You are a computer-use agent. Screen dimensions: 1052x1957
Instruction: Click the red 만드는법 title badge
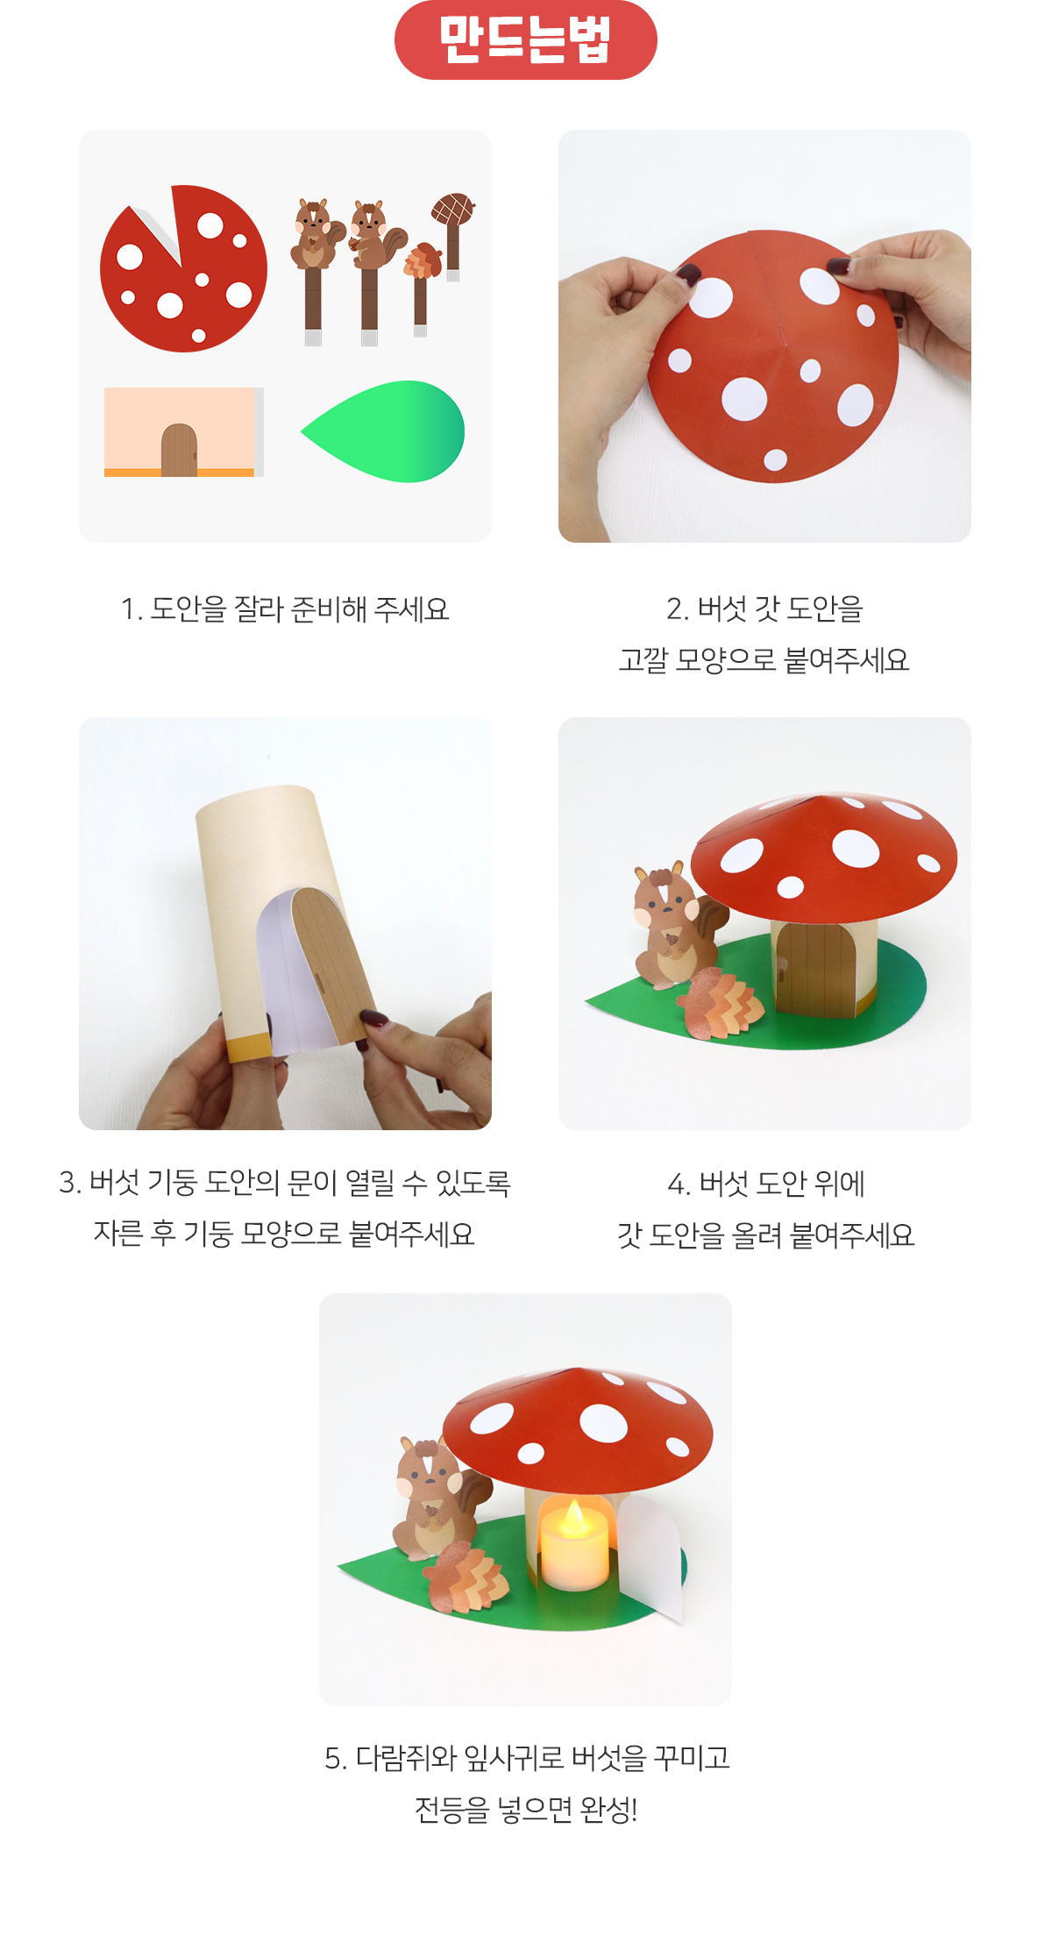point(526,40)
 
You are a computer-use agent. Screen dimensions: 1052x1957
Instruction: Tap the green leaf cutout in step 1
point(384,431)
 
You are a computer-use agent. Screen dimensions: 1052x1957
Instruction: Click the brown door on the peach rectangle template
point(179,450)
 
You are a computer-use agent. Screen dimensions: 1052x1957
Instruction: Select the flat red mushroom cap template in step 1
point(183,268)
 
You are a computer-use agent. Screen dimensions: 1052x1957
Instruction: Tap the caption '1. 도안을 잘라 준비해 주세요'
point(285,609)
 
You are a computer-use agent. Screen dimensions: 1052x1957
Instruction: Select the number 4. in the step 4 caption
point(679,1185)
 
